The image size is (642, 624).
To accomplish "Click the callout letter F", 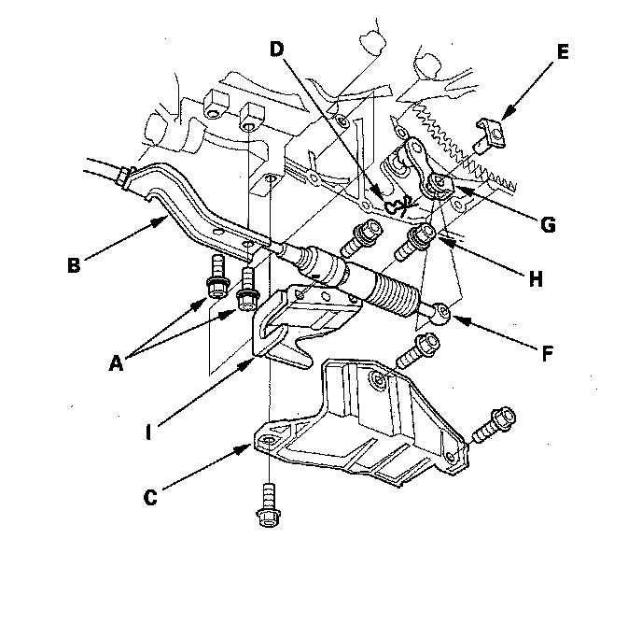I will click(550, 353).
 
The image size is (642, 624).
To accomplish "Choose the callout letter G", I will click(548, 224).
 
